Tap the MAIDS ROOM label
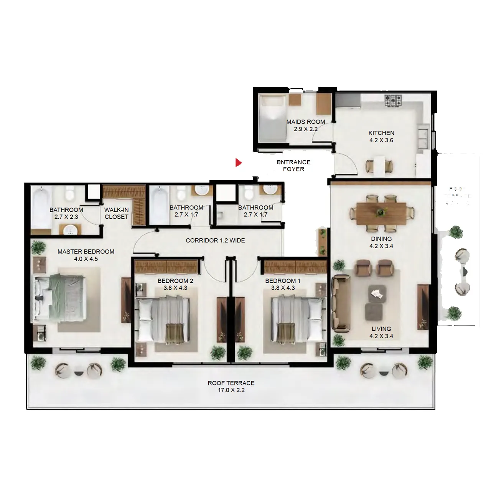point(306,122)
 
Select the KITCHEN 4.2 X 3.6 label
point(381,137)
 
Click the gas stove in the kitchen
point(394,101)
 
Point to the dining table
point(381,213)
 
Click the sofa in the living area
point(341,303)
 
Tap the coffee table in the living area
point(376,293)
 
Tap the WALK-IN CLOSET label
point(117,213)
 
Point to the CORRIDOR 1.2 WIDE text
point(215,241)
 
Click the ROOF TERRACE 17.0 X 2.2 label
point(231,386)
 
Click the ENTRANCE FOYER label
point(293,165)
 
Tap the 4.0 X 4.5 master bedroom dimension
point(86,259)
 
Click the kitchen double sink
point(424,138)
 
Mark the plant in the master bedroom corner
point(38,247)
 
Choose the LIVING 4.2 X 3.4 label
point(381,332)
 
